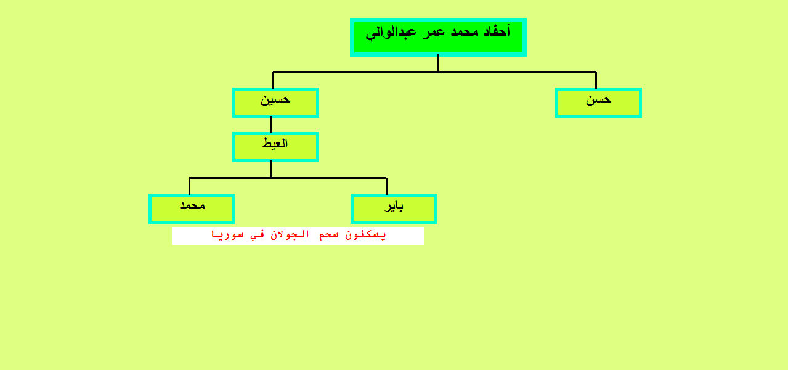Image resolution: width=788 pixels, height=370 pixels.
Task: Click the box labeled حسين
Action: pos(275,102)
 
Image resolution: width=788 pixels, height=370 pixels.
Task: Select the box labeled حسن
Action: pos(598,102)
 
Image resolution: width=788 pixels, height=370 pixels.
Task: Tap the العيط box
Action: pos(275,147)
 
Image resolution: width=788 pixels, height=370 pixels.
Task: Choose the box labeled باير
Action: pos(394,208)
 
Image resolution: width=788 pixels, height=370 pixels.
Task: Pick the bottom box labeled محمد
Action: pos(192,208)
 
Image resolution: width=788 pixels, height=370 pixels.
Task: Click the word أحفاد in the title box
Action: pos(497,31)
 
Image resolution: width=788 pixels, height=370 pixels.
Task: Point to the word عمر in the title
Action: pos(434,33)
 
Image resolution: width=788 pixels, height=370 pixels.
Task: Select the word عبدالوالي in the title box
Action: pos(391,33)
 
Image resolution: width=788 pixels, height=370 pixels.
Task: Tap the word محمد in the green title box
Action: pos(465,33)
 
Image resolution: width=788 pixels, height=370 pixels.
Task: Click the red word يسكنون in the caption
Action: pos(365,235)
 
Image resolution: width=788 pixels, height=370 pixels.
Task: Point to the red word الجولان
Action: pos(290,235)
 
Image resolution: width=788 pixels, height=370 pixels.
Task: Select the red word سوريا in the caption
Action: pos(227,235)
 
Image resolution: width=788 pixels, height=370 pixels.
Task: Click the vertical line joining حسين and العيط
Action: pos(270,125)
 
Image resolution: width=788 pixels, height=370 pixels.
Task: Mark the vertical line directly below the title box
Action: pos(438,64)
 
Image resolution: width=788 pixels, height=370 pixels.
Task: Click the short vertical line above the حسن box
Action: pos(596,80)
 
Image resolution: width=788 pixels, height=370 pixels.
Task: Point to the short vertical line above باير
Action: pos(387,186)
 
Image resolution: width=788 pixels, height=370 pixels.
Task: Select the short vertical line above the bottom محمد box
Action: pos(189,186)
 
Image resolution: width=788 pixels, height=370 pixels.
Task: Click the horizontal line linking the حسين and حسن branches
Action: pos(434,72)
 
